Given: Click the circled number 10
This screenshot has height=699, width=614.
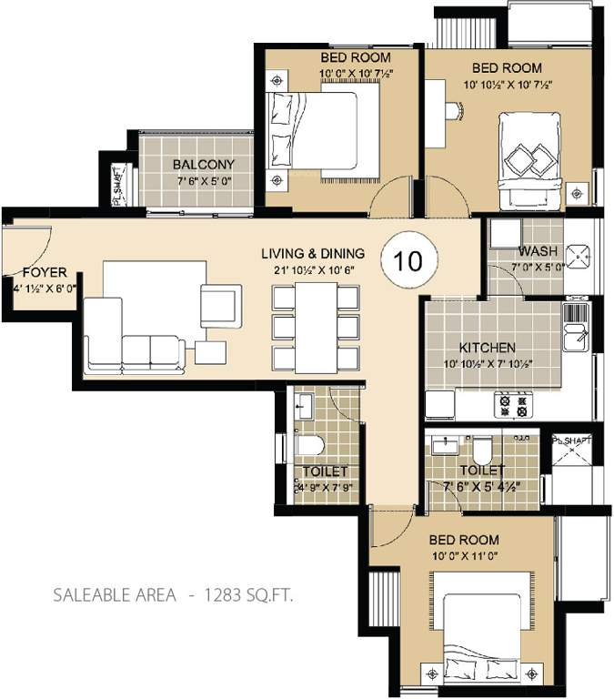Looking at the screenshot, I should [x=409, y=261].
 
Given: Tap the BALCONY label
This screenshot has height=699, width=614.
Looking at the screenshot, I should [x=204, y=165].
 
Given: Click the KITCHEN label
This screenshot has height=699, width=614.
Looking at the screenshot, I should [x=487, y=348].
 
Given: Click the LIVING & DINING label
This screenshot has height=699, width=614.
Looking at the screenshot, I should [x=312, y=253].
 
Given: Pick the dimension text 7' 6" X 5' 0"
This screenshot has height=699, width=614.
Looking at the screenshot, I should [x=204, y=181].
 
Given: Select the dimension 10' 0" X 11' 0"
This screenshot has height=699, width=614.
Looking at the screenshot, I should [x=464, y=553].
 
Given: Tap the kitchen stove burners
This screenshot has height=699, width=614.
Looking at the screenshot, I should [x=512, y=404].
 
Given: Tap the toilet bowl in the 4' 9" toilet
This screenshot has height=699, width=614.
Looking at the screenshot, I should [x=310, y=446].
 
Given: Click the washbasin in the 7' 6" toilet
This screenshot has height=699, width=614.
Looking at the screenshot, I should [x=446, y=444].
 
